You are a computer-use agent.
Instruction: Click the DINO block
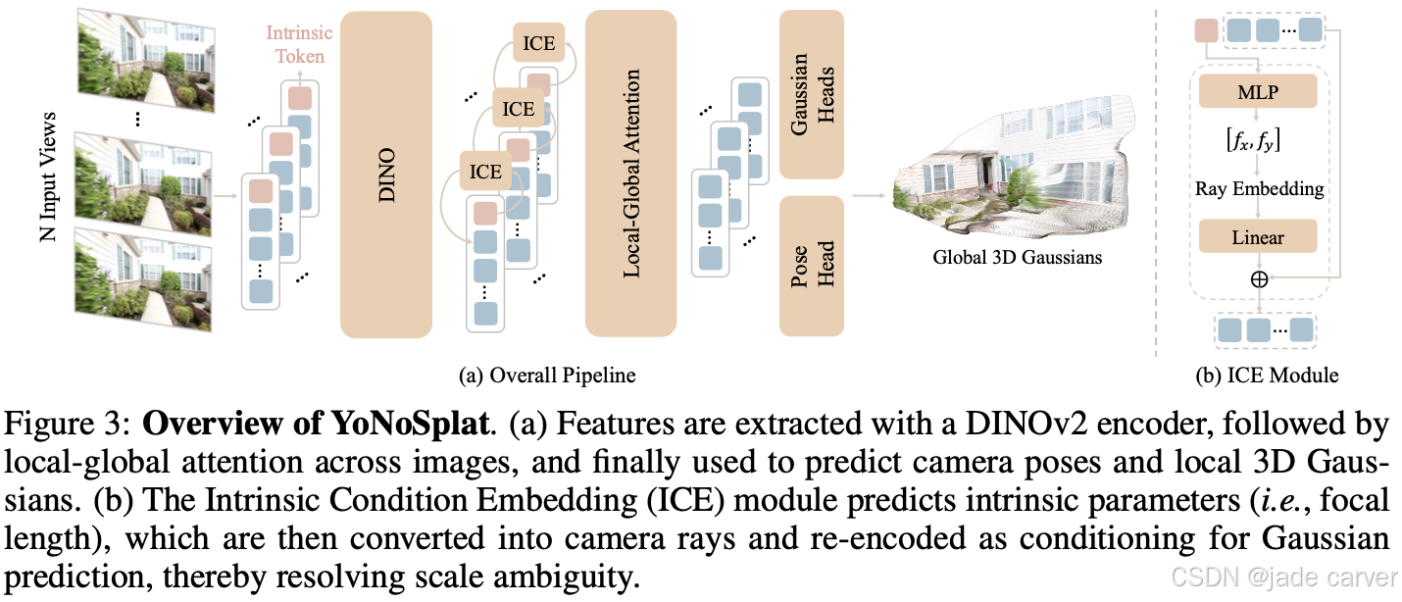tap(386, 173)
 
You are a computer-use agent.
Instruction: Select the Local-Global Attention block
tap(631, 173)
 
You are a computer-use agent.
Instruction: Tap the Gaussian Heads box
tap(811, 94)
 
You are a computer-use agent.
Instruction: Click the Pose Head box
tap(811, 265)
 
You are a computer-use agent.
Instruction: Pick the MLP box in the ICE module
tap(1259, 93)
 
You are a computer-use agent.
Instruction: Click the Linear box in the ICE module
tap(1259, 236)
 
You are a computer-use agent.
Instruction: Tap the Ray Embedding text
tap(1259, 188)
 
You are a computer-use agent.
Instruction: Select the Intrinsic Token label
tap(300, 44)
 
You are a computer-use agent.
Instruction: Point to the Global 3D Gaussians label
tap(1017, 259)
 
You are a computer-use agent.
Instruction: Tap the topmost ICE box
tap(539, 43)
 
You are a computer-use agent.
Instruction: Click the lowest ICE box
tap(485, 172)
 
